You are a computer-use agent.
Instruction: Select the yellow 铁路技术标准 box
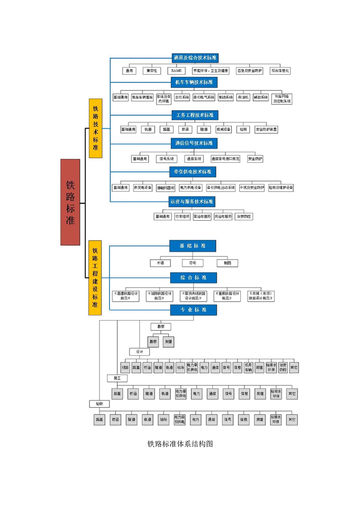[x=95, y=128]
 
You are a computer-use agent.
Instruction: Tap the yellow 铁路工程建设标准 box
[x=95, y=278]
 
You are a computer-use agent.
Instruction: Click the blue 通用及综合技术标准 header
[x=194, y=58]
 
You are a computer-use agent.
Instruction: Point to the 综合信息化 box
[x=281, y=71]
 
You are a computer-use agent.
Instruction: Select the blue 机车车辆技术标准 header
[x=194, y=82]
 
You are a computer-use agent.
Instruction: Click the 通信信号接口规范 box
[x=226, y=159]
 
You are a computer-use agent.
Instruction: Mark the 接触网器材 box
[x=166, y=187]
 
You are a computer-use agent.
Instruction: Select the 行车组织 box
[x=182, y=216]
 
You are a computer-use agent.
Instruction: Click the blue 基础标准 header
[x=193, y=246]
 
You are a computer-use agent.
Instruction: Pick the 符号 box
[x=192, y=263]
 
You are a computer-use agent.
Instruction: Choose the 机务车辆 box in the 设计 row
[x=248, y=367]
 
